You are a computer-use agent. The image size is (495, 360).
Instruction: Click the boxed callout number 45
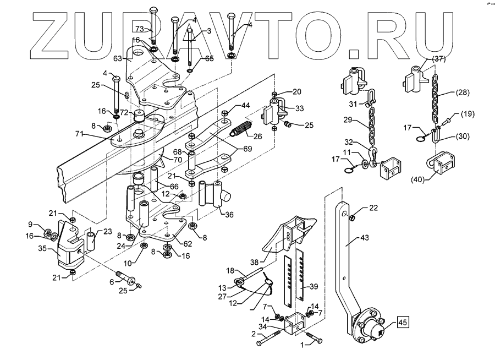403,323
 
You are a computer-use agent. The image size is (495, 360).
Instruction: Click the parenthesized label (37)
438,58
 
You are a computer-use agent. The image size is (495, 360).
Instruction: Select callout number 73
140,28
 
